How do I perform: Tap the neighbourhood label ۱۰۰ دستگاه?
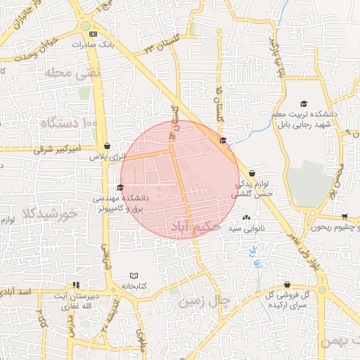tap(70, 123)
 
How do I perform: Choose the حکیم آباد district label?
tap(197, 227)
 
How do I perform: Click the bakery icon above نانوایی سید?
tap(246, 217)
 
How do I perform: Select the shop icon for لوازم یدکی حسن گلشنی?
tap(252, 173)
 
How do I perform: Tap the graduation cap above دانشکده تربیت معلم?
tap(304, 103)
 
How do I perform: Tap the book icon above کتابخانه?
tap(134, 275)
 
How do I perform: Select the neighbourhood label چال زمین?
tap(205, 301)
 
